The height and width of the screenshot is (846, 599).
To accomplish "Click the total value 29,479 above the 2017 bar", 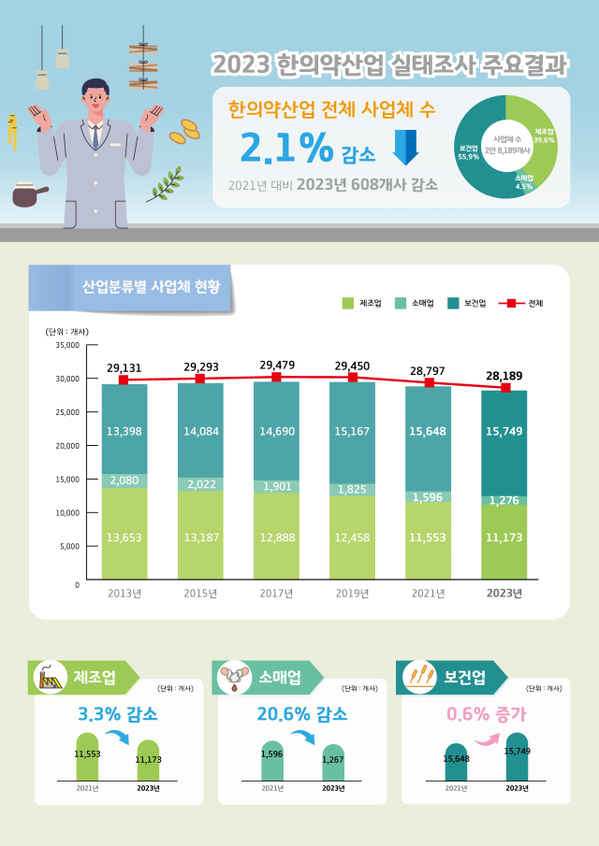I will coord(276,366).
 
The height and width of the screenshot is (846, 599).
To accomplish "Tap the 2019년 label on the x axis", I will coord(353,593).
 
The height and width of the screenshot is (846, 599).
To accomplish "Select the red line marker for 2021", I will coord(430,382).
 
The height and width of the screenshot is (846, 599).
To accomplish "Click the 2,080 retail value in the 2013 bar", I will coord(124,480).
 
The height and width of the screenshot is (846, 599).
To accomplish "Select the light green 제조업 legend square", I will coord(347,303).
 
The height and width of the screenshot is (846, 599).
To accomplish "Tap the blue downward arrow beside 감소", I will coord(405,148).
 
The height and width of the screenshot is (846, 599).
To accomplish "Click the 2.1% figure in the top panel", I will coord(286,147).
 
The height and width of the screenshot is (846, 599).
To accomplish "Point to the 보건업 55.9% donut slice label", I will coord(469,152).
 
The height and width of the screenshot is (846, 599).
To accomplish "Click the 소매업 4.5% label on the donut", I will coord(524,181).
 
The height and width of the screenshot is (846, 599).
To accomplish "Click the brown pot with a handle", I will coord(29,197).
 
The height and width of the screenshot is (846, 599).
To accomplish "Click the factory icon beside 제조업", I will coord(50,678).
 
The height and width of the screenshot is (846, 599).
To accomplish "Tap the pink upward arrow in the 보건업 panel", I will coord(485,738).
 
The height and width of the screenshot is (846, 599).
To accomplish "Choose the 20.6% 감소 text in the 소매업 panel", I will coord(301,715).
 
